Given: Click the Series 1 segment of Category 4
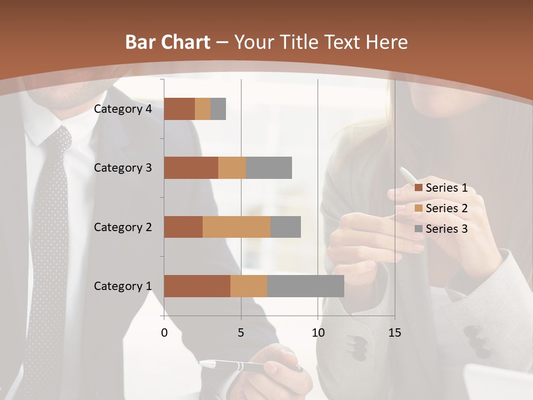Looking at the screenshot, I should pyautogui.click(x=179, y=109).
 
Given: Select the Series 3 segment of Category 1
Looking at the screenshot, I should pyautogui.click(x=305, y=286).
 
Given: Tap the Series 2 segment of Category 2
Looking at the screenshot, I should pyautogui.click(x=237, y=227).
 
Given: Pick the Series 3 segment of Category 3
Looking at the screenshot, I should pyautogui.click(x=269, y=168).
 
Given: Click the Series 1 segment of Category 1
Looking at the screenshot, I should pyautogui.click(x=197, y=286).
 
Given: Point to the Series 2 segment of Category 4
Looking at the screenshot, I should pyautogui.click(x=203, y=109).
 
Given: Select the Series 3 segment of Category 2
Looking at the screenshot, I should pyautogui.click(x=285, y=227).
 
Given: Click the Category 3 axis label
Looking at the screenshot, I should pyautogui.click(x=123, y=168).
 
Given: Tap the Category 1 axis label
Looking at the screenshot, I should pyautogui.click(x=123, y=286).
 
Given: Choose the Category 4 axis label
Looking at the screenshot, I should pyautogui.click(x=123, y=109).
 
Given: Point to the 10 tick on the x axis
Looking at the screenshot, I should pyautogui.click(x=318, y=333).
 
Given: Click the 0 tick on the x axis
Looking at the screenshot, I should pyautogui.click(x=164, y=333).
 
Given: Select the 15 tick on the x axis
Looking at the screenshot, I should pyautogui.click(x=394, y=333).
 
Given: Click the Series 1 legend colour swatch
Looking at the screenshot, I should pyautogui.click(x=419, y=188).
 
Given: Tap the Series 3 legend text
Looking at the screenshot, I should pyautogui.click(x=446, y=229).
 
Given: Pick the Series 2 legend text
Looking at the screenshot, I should pyautogui.click(x=446, y=208).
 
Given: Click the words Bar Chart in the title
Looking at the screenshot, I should pyautogui.click(x=168, y=42).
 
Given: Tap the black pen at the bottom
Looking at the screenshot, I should pyautogui.click(x=250, y=367).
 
